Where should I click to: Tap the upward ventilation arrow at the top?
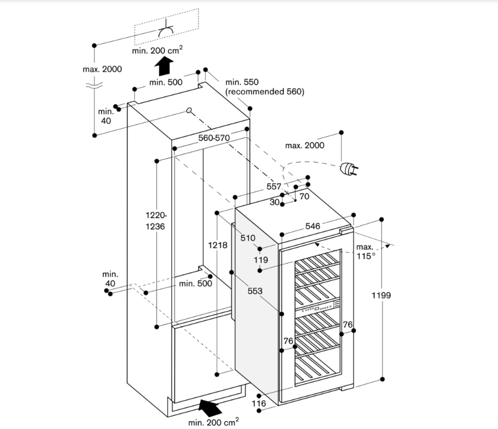coord(163,67)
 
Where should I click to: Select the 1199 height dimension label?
coord(381,295)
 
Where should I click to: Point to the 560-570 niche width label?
coord(214,138)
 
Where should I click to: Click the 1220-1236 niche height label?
coord(156,221)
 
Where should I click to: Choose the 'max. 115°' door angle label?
coord(365,251)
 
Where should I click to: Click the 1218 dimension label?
coord(218,245)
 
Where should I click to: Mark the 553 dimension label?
coord(255,291)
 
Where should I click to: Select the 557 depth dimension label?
coord(274,187)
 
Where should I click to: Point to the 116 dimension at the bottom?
coord(259,403)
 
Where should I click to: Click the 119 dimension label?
coord(261,259)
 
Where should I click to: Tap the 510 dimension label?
coord(248,238)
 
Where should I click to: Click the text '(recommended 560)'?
coord(264,92)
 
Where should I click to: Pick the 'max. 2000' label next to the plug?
coord(304,145)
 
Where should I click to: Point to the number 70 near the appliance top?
coord(304,196)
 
